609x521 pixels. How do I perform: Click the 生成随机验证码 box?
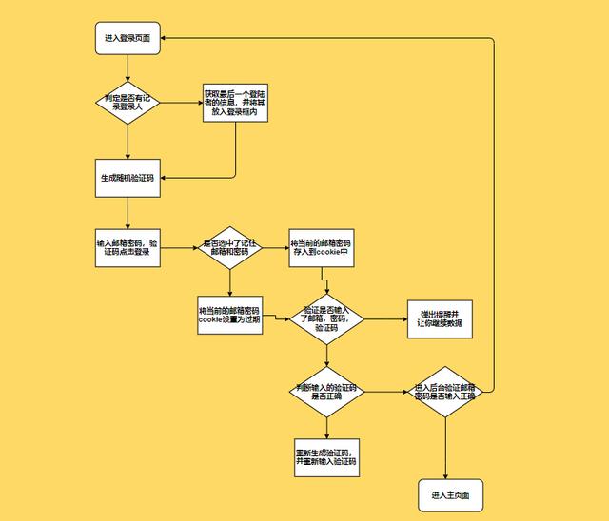(128, 178)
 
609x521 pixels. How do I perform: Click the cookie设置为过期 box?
(229, 317)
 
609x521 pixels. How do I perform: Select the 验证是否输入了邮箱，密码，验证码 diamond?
(326, 319)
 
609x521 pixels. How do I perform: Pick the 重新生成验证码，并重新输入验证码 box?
(325, 456)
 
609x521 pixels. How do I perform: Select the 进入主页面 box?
(450, 495)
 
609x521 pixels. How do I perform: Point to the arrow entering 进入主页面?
(445, 447)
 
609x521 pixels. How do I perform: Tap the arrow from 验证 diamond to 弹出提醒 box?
(384, 319)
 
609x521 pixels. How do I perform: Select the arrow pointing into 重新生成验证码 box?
(325, 427)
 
